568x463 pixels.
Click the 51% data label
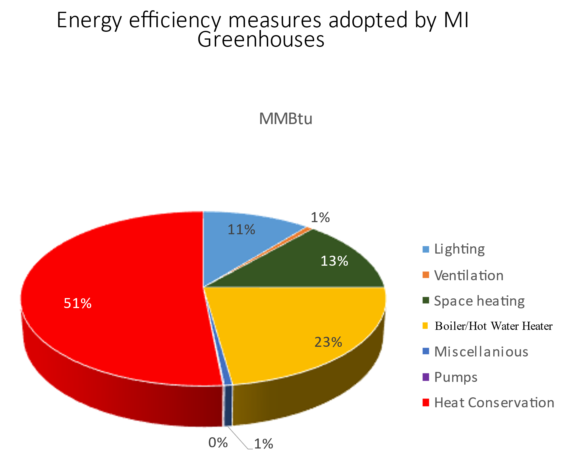tap(77, 303)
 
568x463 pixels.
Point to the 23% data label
tap(328, 342)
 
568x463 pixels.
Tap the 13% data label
tap(334, 261)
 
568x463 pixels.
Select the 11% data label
tap(241, 230)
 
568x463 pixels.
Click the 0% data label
tap(218, 443)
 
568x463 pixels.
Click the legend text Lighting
tap(459, 249)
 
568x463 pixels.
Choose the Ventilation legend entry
tap(468, 275)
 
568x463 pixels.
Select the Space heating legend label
tap(479, 301)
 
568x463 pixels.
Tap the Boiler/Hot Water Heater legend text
tap(494, 326)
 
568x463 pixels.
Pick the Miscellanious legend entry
tap(481, 352)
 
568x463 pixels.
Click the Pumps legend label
tap(455, 377)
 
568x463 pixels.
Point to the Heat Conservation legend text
tap(494, 403)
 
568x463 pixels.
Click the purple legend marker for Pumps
tap(426, 377)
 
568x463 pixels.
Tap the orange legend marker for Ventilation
tap(426, 275)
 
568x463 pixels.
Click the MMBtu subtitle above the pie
tap(286, 119)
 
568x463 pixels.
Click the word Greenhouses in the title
tap(261, 40)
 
